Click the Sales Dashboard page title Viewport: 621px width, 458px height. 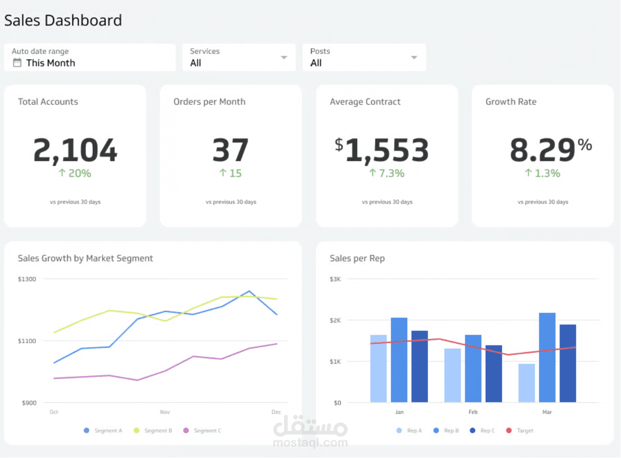[x=63, y=20]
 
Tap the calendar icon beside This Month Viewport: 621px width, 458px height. [x=17, y=63]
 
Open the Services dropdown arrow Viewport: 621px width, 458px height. [x=284, y=58]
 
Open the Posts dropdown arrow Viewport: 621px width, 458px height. [x=414, y=58]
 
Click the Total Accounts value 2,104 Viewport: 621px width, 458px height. [x=75, y=150]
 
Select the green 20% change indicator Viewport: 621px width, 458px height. [x=75, y=173]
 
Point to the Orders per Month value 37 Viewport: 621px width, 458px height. [x=231, y=150]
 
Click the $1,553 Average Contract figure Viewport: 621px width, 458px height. [x=381, y=150]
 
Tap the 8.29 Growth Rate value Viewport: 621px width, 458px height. [x=543, y=150]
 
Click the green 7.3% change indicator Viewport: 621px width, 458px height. [x=387, y=173]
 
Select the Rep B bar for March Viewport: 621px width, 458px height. [x=547, y=357]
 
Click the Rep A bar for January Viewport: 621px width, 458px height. [x=378, y=368]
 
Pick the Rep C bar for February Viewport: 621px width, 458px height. [x=494, y=374]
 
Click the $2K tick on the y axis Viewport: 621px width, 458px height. [x=335, y=320]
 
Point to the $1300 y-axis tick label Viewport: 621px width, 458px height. [x=27, y=279]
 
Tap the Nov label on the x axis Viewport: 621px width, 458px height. [x=165, y=412]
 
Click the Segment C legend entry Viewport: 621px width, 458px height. [x=203, y=431]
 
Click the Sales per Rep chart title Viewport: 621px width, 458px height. [x=357, y=258]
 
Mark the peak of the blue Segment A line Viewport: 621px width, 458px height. [x=249, y=291]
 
